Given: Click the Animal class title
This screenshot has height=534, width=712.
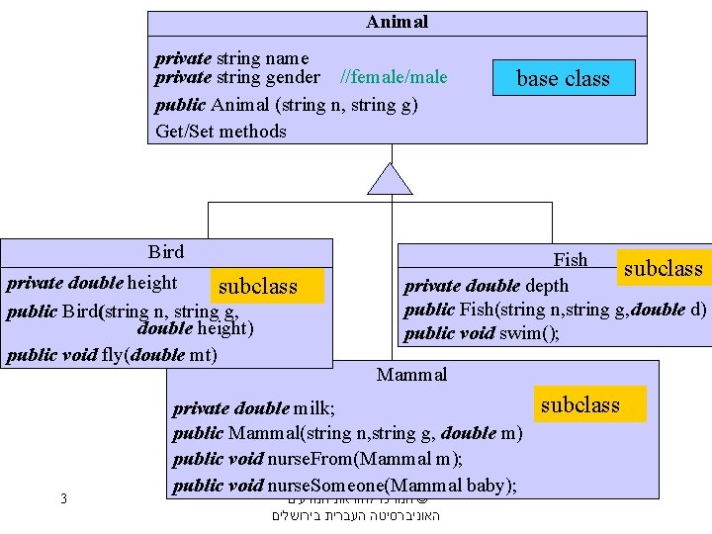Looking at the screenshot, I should point(397,22).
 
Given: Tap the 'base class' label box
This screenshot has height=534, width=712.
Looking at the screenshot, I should point(563,78).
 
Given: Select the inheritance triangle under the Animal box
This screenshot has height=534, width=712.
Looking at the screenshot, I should point(391,179).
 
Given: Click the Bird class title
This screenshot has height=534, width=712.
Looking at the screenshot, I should point(166,252).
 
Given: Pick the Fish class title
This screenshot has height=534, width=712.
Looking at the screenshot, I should point(571,260).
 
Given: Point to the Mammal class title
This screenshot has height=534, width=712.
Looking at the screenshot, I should point(411,374).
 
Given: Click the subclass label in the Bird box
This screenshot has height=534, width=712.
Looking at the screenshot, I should point(257,287).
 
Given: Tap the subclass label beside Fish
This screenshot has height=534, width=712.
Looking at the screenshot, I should point(663,268).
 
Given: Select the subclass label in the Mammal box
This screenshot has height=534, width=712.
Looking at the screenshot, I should point(579,404).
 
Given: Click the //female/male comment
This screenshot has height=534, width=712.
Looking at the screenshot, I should point(394,77).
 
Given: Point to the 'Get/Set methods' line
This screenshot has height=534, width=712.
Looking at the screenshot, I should point(221,131).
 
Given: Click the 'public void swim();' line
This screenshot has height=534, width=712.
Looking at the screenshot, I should point(482,333).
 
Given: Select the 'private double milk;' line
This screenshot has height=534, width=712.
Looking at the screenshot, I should point(254,408).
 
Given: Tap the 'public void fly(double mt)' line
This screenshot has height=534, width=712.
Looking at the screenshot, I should point(112,355).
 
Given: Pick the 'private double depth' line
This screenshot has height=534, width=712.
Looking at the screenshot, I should point(487,286).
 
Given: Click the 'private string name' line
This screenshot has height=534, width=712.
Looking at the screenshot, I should point(231,58).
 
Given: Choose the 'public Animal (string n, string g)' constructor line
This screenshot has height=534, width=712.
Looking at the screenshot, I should point(286,104).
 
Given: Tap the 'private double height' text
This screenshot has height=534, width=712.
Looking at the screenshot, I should point(92,283).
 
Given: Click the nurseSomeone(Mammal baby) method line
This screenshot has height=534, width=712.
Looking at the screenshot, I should point(346,485).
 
